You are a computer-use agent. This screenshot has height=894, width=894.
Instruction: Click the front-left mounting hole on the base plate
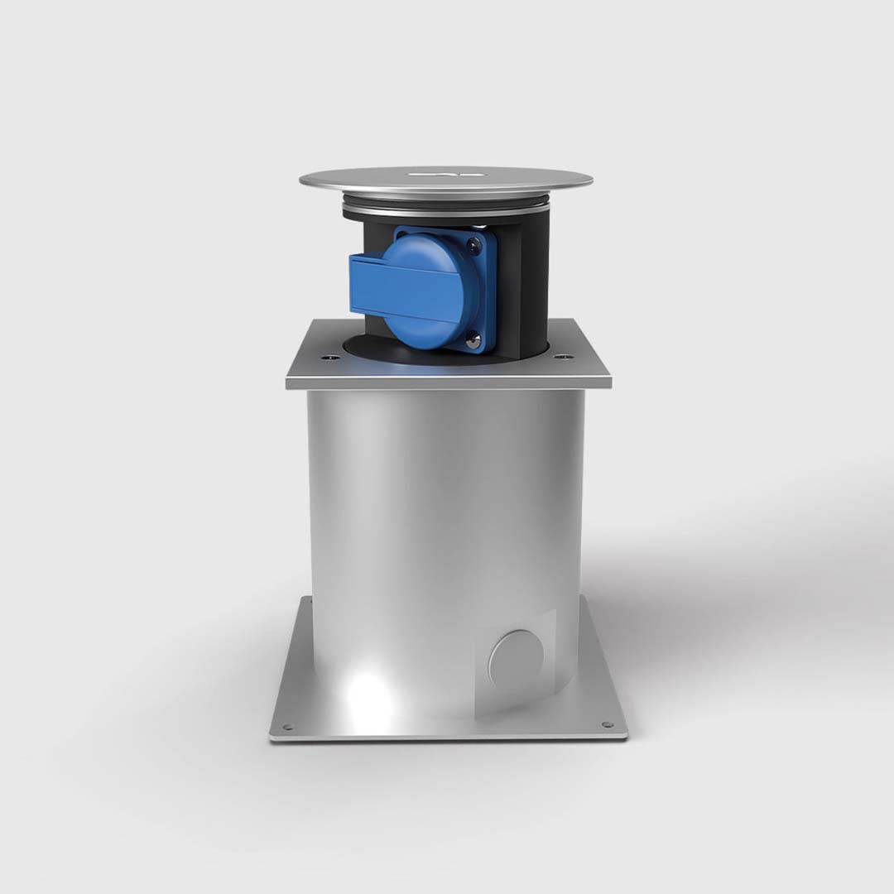[287, 727]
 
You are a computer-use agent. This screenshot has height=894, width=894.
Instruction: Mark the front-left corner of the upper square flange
[288, 382]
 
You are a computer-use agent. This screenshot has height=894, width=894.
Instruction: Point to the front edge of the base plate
[448, 736]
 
